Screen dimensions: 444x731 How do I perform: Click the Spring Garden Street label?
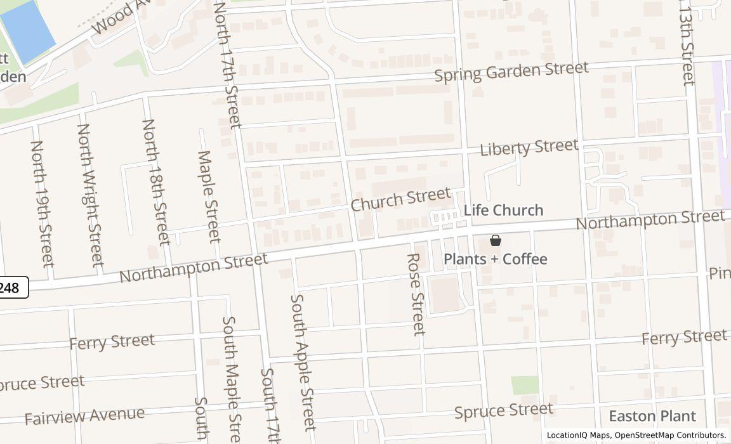pos(511,71)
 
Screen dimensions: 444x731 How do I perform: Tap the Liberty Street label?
pos(529,148)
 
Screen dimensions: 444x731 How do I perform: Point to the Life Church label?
pos(503,210)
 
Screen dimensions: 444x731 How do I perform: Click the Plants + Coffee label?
pos(495,259)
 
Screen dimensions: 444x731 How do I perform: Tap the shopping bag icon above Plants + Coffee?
pos(496,240)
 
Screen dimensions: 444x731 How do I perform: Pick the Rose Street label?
pos(415,294)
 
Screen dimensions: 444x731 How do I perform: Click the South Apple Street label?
pos(303,362)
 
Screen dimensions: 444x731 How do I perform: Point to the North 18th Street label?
pos(156,181)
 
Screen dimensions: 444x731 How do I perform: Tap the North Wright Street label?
pos(89,195)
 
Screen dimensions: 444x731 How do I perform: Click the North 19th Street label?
pos(42,203)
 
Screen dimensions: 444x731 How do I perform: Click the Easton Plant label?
pos(652,416)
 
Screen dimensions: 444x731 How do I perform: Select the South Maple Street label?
pos(231,379)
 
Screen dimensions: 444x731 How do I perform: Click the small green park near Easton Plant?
pos(525,385)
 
